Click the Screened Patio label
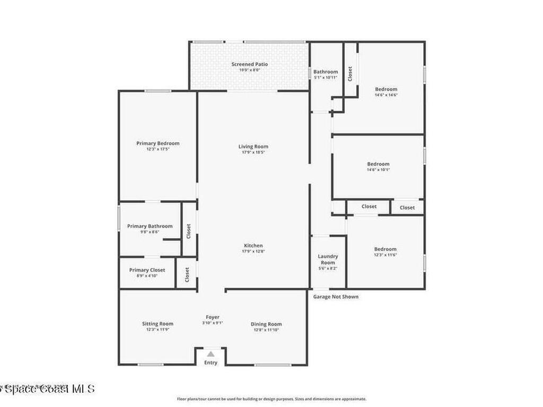pyautogui.click(x=249, y=64)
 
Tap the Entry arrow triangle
pyautogui.click(x=211, y=354)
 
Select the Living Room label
pyautogui.click(x=253, y=146)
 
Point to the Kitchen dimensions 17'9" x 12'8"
pyautogui.click(x=253, y=251)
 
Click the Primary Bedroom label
pyautogui.click(x=157, y=143)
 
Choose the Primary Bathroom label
pyautogui.click(x=150, y=226)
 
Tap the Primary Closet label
pyautogui.click(x=147, y=270)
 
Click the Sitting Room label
pyautogui.click(x=157, y=324)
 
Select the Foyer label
pyautogui.click(x=213, y=317)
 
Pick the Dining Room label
pyautogui.click(x=266, y=324)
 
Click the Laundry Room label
pyautogui.click(x=328, y=260)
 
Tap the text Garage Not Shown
pyautogui.click(x=336, y=297)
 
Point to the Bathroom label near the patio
pyautogui.click(x=325, y=72)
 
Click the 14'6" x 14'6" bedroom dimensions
pyautogui.click(x=386, y=95)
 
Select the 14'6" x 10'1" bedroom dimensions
pyautogui.click(x=378, y=170)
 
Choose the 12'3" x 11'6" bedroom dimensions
pyautogui.click(x=385, y=255)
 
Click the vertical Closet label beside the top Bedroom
pyautogui.click(x=350, y=73)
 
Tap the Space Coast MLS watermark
pyautogui.click(x=48, y=389)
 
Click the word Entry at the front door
pyautogui.click(x=211, y=362)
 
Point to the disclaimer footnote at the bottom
pyautogui.click(x=271, y=399)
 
